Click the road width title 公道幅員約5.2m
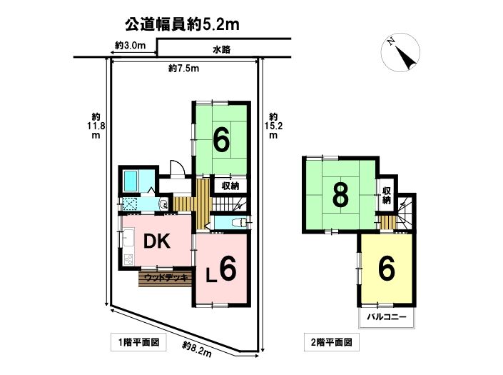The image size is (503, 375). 182,24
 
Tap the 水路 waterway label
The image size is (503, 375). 222,50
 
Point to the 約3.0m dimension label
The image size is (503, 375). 131,45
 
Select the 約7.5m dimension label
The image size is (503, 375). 184,69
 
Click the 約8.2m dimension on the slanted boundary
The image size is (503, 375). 197,349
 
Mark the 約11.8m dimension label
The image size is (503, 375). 96,126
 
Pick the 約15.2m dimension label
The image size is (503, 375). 273,126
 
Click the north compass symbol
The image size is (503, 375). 400,52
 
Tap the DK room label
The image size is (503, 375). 156,241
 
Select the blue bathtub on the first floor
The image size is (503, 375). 131,181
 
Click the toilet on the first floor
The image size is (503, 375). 238,222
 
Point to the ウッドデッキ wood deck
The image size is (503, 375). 166,279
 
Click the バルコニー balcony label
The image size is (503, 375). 387,317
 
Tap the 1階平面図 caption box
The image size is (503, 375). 139,342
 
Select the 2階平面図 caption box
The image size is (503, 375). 331,342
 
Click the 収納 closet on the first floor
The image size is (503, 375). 230,186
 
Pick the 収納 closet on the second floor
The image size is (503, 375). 386,195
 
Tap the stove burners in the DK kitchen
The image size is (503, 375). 128,259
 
